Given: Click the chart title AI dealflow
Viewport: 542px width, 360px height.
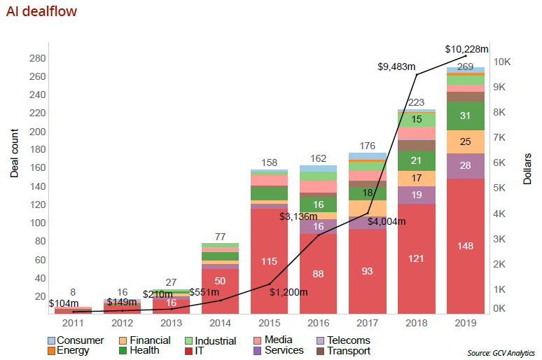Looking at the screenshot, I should point(41,12).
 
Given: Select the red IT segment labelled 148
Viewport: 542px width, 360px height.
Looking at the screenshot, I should point(465,246).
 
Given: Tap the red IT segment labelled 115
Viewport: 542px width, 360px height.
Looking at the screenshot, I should point(269,261).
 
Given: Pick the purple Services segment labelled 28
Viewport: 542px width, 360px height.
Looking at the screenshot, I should point(465,165).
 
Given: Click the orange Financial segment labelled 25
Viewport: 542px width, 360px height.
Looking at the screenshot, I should point(465,142).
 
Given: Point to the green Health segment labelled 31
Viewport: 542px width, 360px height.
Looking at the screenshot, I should point(465,116).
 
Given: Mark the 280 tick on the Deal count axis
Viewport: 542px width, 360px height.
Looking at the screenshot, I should point(37,58).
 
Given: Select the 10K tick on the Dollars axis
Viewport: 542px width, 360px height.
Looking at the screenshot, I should point(503,62).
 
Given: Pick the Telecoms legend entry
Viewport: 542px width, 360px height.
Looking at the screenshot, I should point(348,340).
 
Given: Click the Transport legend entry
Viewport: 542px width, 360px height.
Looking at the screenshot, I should point(348,350).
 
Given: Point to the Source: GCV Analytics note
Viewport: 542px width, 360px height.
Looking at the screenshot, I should point(501,353).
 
